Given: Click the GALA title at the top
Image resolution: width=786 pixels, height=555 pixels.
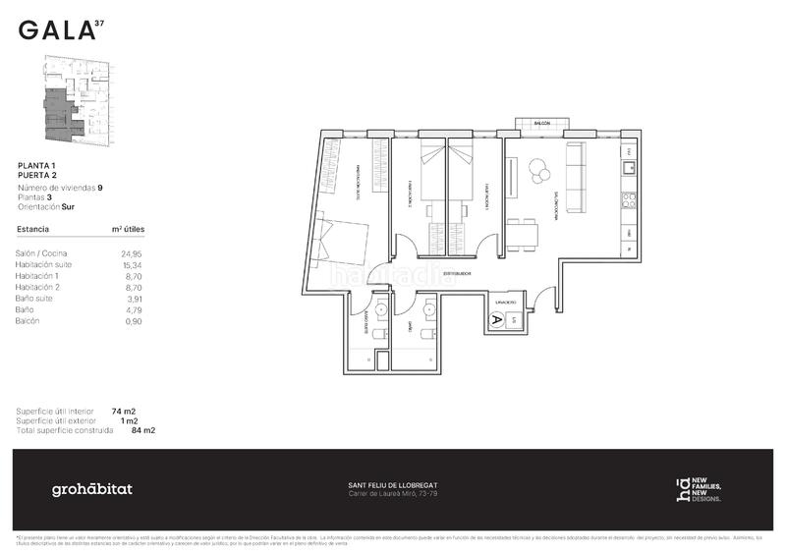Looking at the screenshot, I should (57, 30).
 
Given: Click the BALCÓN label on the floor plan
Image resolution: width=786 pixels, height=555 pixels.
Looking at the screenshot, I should (541, 124).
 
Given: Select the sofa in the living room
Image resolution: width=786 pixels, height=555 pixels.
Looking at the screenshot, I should (576, 177).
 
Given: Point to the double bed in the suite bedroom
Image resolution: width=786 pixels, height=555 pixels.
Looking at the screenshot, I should (338, 246).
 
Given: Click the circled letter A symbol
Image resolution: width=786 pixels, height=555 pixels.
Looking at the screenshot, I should (496, 319).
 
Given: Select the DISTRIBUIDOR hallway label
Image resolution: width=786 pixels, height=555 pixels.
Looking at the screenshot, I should (457, 273).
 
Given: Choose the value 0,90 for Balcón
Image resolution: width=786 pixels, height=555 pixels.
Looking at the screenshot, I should (135, 320).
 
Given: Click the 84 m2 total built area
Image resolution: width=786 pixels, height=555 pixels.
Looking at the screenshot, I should (142, 430).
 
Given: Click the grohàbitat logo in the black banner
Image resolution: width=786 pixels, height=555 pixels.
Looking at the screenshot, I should (92, 489).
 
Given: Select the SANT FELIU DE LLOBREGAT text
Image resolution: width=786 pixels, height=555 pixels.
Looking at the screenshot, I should (393, 484).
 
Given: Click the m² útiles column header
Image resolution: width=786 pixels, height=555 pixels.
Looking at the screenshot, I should (128, 229).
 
